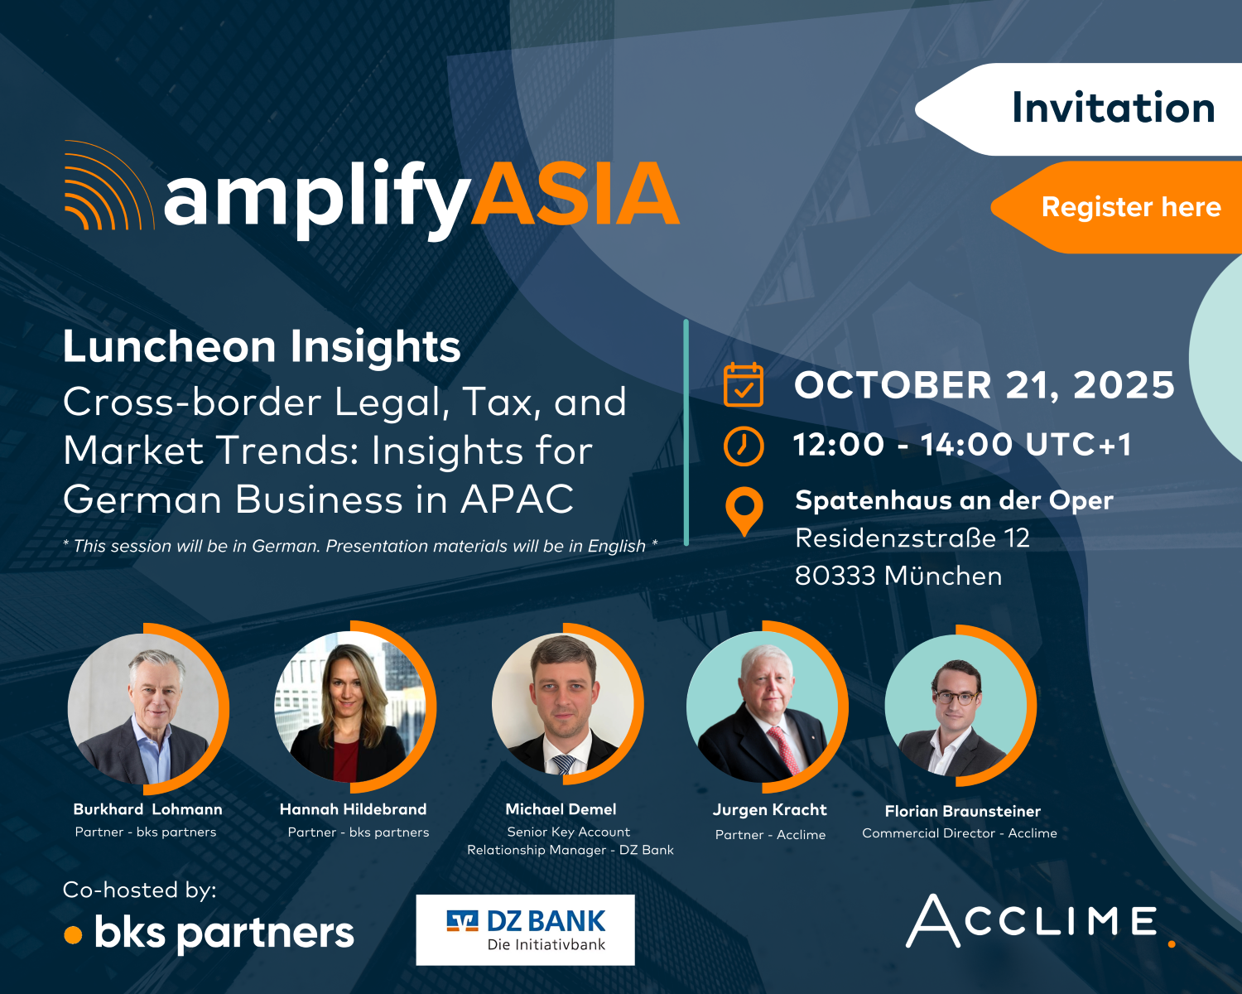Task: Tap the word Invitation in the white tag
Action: [1114, 108]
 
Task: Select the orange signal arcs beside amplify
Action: [107, 185]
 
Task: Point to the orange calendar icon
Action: [744, 384]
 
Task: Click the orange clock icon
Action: [744, 446]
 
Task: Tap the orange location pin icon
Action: [744, 510]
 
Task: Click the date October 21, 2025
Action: [984, 385]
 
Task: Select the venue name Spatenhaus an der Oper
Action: [954, 501]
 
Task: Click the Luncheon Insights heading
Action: [262, 346]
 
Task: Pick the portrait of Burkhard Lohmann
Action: [143, 709]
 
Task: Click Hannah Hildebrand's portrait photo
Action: [349, 707]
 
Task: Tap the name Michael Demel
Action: [561, 809]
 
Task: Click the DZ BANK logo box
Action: [525, 930]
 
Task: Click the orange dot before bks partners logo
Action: [74, 935]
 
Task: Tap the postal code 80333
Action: [835, 576]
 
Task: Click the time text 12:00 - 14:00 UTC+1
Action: [963, 445]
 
